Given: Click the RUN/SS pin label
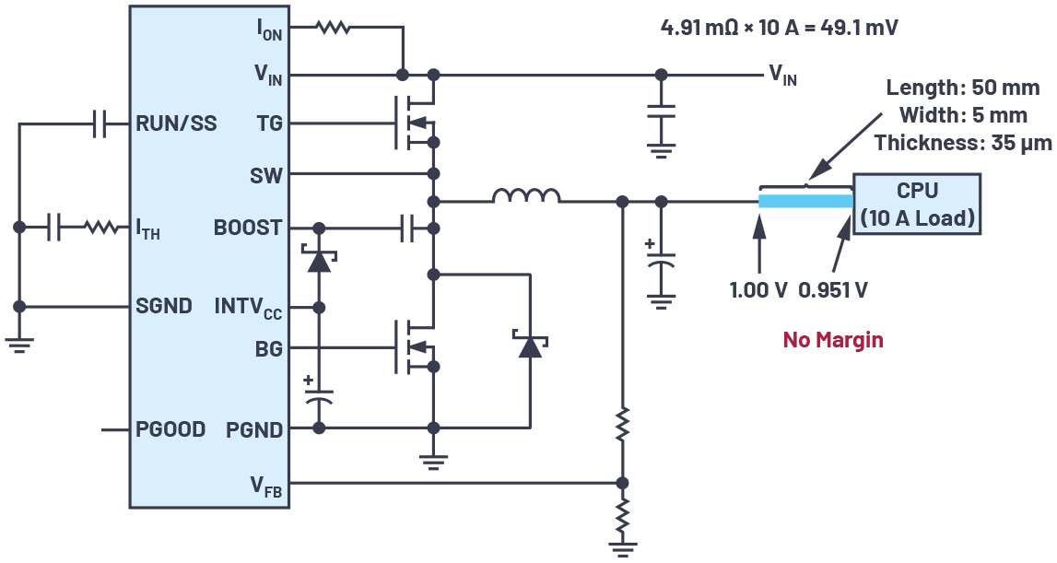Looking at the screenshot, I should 176,123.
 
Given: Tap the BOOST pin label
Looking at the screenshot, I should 248,227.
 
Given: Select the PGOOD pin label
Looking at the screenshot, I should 170,429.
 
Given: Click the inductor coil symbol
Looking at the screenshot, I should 526,196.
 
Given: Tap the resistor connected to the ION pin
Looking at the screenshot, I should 333,29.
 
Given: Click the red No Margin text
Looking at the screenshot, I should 832,340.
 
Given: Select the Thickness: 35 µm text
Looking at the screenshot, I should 957,143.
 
